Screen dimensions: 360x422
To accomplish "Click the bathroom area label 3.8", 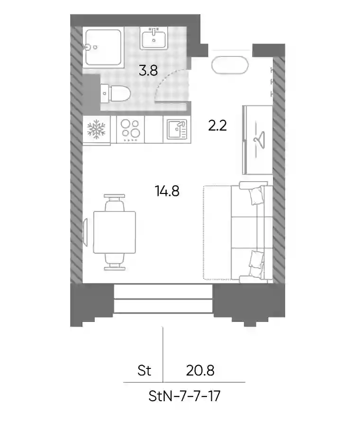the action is pyautogui.click(x=148, y=71).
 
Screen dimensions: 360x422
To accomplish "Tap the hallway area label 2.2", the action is pyautogui.click(x=217, y=126).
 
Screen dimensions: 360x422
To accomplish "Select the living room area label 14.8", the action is pyautogui.click(x=167, y=191).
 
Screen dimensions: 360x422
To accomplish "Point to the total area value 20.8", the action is pyautogui.click(x=200, y=370).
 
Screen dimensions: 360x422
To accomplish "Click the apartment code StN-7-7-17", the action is pyautogui.click(x=184, y=396).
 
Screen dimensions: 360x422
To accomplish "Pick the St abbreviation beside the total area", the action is pyautogui.click(x=144, y=370).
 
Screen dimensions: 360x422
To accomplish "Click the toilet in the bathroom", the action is pyautogui.click(x=116, y=93).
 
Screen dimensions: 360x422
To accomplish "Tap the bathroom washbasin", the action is pyautogui.click(x=154, y=38).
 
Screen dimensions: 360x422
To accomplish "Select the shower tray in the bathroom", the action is pyautogui.click(x=103, y=47).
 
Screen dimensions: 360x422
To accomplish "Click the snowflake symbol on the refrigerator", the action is pyautogui.click(x=96, y=129).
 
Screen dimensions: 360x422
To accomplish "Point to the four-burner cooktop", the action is pyautogui.click(x=130, y=130).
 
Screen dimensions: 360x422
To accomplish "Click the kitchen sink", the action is pyautogui.click(x=177, y=129).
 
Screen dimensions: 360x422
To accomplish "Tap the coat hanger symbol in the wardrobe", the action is pyautogui.click(x=259, y=138).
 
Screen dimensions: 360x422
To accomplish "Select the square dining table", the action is pyautogui.click(x=115, y=232).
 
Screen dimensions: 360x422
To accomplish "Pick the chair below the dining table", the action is pyautogui.click(x=115, y=262).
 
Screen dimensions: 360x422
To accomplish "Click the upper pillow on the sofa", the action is pyautogui.click(x=256, y=195).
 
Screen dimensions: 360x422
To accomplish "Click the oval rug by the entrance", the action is pyautogui.click(x=230, y=65).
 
